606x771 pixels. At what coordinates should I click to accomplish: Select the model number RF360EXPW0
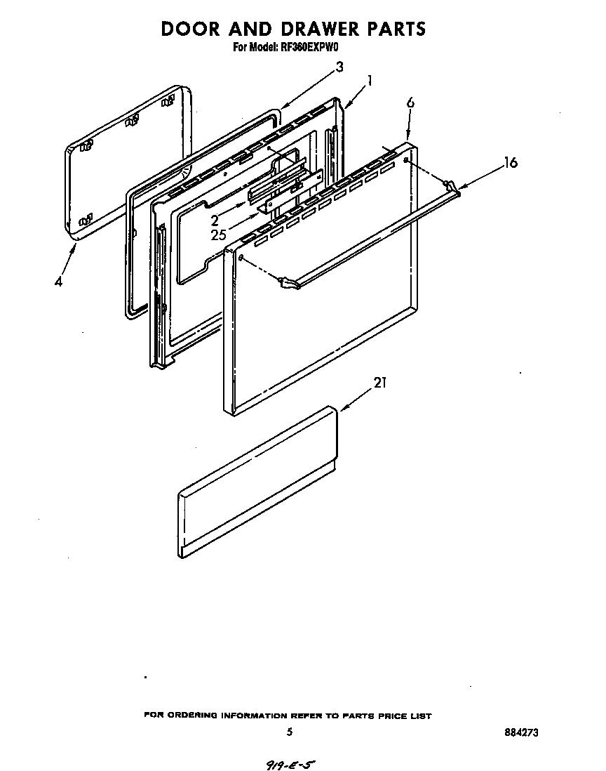pyautogui.click(x=309, y=48)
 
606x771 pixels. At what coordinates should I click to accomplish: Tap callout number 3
pyautogui.click(x=339, y=67)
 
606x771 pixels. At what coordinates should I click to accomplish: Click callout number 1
pyautogui.click(x=370, y=81)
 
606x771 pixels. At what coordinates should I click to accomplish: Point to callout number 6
pyautogui.click(x=410, y=103)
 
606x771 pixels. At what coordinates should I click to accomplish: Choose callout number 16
pyautogui.click(x=511, y=163)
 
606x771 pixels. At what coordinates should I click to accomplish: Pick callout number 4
pyautogui.click(x=59, y=282)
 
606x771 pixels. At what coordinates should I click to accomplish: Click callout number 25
pyautogui.click(x=219, y=235)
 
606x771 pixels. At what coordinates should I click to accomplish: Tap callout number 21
pyautogui.click(x=380, y=383)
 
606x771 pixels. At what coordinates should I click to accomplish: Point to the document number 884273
pyautogui.click(x=521, y=732)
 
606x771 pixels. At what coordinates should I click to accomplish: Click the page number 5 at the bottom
pyautogui.click(x=290, y=732)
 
